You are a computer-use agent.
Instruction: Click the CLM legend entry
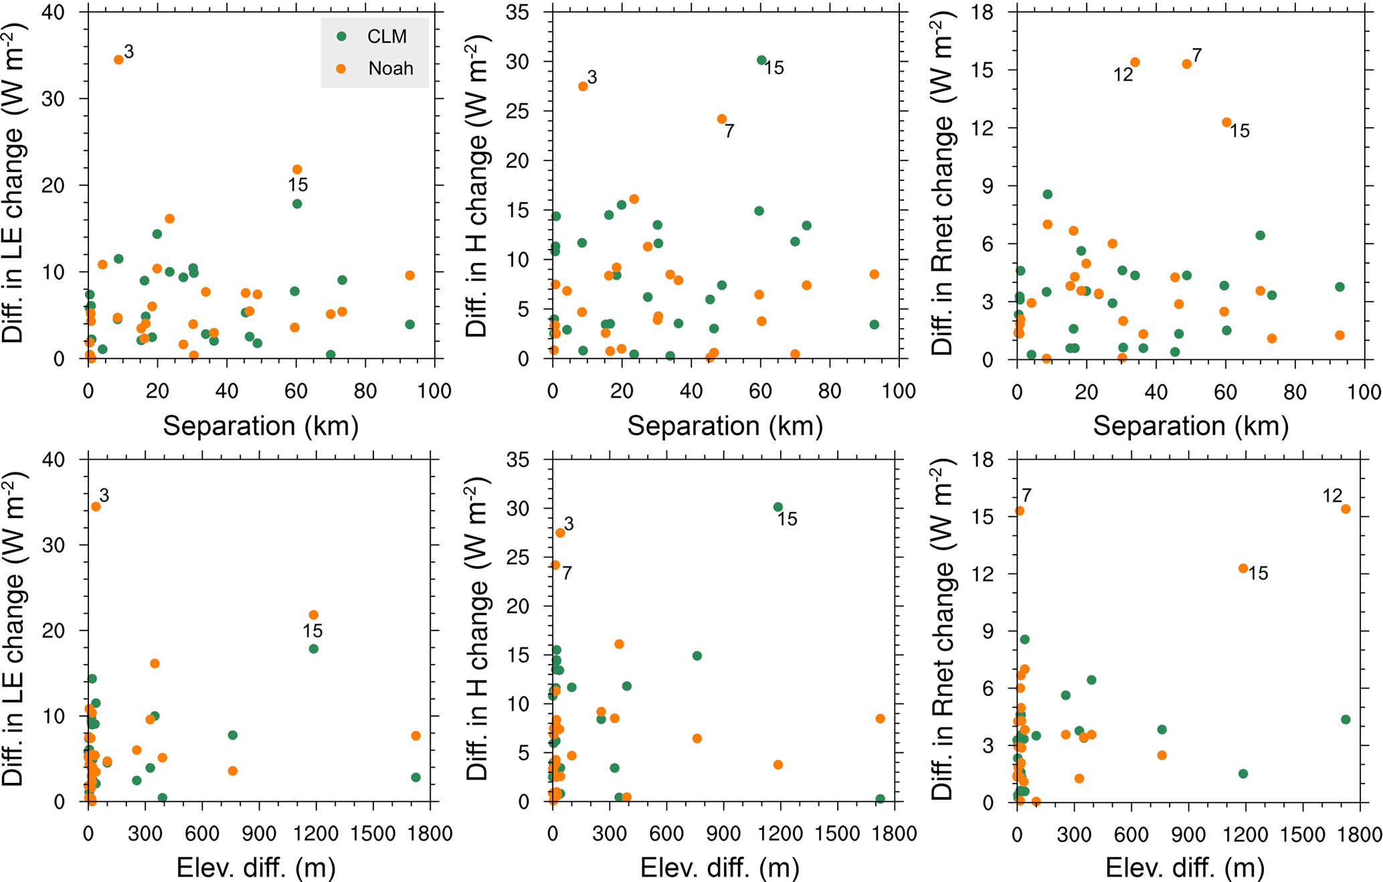tap(375, 36)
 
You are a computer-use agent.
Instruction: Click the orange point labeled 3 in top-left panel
tap(118, 60)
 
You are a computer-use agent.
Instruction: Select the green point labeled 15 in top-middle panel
tap(761, 60)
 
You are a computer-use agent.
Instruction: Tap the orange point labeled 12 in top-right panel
tap(1135, 62)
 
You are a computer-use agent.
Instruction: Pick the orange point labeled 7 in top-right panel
tap(1187, 64)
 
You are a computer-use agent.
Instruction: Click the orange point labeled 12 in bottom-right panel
tap(1346, 509)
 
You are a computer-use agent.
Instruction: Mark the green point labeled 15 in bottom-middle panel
tap(778, 507)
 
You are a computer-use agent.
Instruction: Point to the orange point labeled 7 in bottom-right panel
tap(1020, 511)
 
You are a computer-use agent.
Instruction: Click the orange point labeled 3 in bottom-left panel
tap(96, 507)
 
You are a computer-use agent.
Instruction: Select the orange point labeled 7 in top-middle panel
tap(722, 119)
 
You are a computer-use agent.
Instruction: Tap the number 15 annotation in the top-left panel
tap(298, 185)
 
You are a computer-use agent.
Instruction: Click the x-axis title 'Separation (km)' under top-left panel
tap(261, 426)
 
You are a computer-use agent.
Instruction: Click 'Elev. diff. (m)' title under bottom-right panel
tap(1185, 868)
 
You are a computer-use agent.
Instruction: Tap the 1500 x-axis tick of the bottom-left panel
tap(373, 834)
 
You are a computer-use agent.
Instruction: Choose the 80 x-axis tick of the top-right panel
tap(1295, 391)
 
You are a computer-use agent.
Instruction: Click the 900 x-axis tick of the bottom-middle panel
tap(723, 834)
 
